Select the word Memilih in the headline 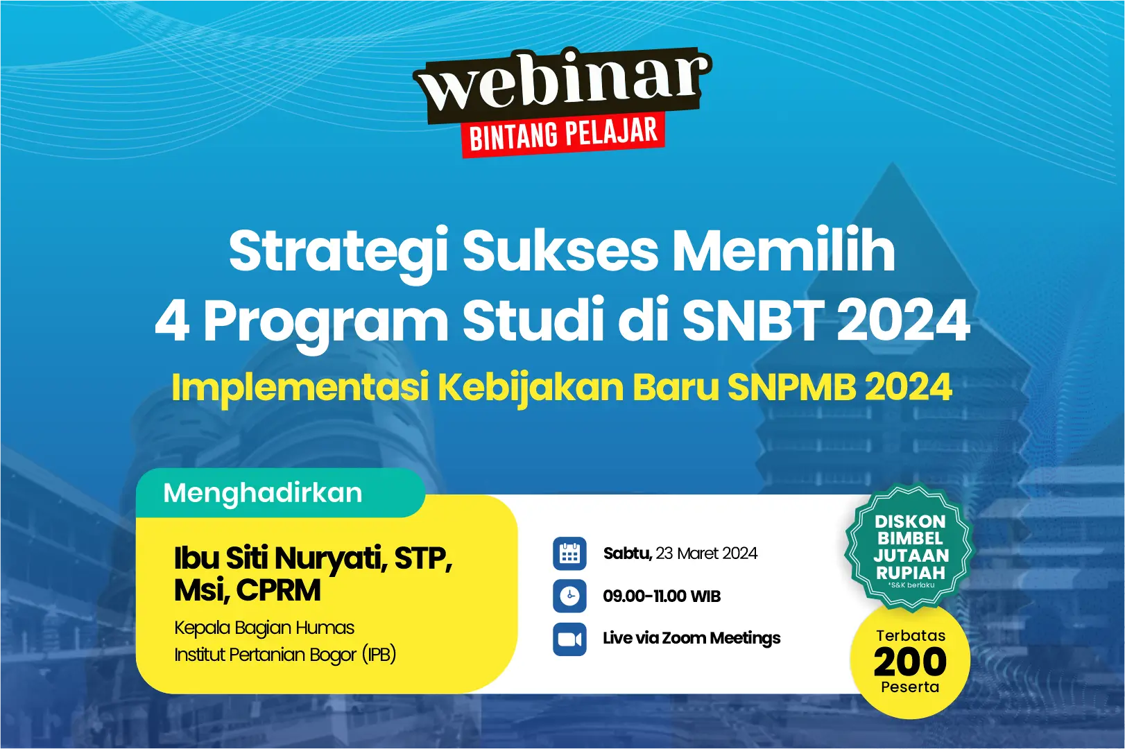point(784,250)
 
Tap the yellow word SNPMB point(791,387)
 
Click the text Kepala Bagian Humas point(264,628)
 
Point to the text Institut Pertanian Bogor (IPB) point(285,655)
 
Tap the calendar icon point(569,553)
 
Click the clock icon point(569,596)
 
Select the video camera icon point(569,639)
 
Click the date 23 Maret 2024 point(706,553)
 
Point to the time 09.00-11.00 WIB point(662,596)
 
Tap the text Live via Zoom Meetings point(692,638)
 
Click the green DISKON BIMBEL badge point(909,548)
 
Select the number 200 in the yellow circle point(910,662)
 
